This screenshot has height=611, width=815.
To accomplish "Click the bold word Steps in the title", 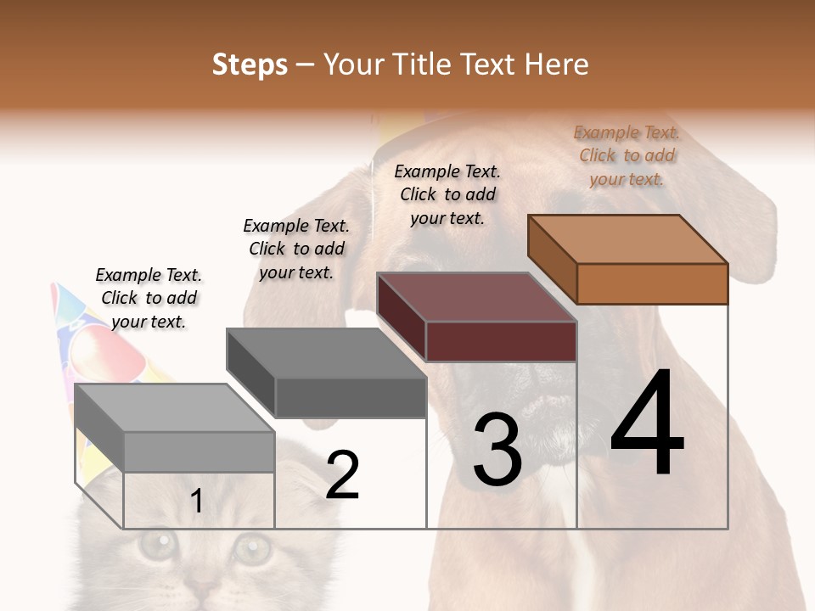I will tap(250, 64).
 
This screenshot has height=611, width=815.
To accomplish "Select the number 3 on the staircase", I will tap(497, 450).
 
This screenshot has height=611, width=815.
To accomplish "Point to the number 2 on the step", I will tap(343, 475).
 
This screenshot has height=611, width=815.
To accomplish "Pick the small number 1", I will tap(197, 502).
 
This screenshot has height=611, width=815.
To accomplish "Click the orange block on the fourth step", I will tap(652, 283).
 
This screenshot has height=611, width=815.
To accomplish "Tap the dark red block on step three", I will tap(501, 341).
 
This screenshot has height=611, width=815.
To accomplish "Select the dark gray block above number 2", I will tap(350, 397).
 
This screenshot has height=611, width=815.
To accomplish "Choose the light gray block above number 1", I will tap(199, 451).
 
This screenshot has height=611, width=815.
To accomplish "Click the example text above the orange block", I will tap(627, 155).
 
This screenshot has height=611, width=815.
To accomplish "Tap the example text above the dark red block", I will tap(447, 194).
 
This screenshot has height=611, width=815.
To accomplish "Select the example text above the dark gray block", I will tap(296, 249).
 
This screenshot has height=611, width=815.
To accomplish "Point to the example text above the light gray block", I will tap(149, 298).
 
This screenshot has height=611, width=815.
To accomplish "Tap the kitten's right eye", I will tap(252, 547).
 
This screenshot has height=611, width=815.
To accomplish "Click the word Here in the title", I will tap(557, 64).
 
